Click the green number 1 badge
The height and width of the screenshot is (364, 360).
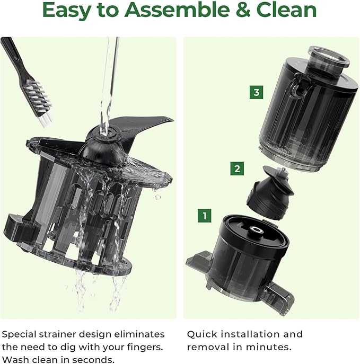[204, 216]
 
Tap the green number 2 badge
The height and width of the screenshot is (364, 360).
[237, 169]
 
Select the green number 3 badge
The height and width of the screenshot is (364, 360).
[257, 93]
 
